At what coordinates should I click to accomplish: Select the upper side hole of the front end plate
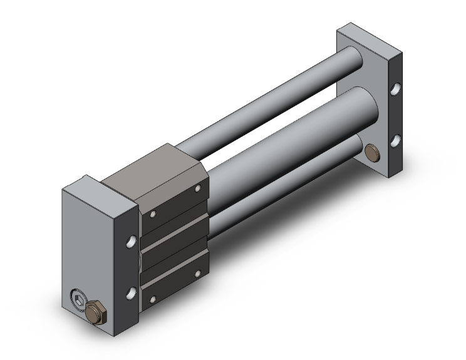tap(133, 240)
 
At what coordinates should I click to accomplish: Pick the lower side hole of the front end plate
tap(132, 292)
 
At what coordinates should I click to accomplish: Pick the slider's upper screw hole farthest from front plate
tap(199, 189)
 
